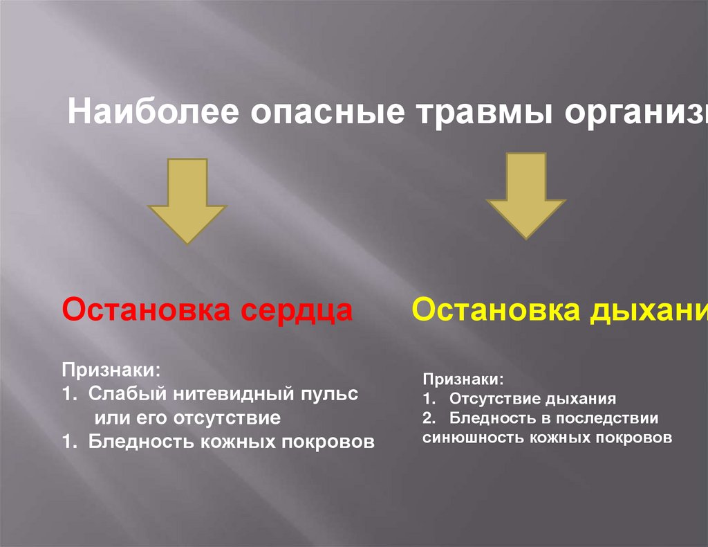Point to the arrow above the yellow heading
526,195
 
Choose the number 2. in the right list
429,418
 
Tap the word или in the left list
108,418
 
